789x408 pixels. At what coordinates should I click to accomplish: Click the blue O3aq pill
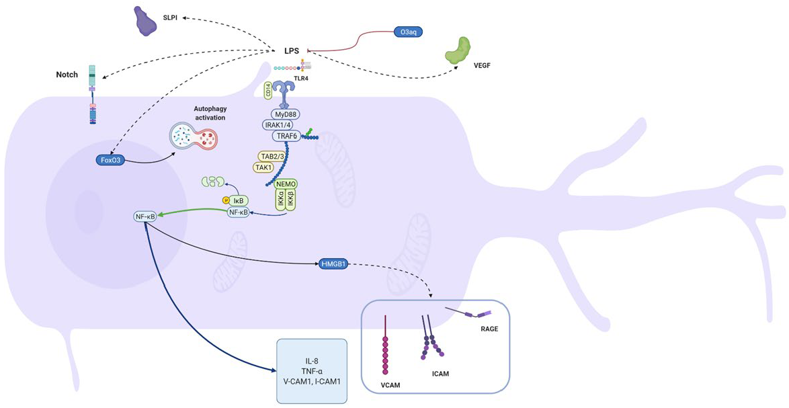(x=407, y=31)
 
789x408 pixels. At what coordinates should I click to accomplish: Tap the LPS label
(x=292, y=50)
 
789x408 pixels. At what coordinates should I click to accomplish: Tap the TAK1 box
(x=263, y=167)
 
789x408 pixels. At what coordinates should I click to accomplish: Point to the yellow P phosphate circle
(x=226, y=200)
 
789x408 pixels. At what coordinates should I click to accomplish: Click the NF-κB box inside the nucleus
(x=144, y=216)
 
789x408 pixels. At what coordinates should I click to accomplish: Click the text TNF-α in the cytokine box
(x=312, y=371)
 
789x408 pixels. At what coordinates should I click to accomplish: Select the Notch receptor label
(x=67, y=75)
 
